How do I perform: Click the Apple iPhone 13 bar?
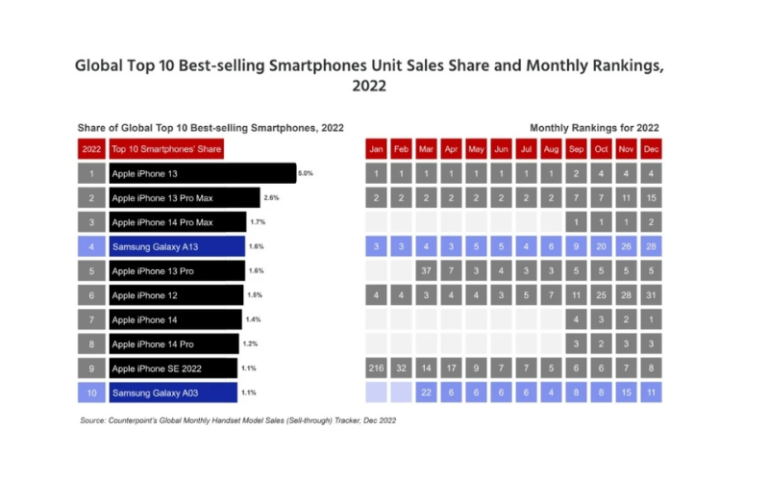click(x=202, y=174)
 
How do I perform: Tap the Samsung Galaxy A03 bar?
click(x=173, y=392)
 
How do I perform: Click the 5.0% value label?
click(x=306, y=174)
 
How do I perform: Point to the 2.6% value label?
click(x=271, y=198)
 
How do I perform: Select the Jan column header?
click(x=377, y=149)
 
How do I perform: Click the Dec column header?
click(x=651, y=149)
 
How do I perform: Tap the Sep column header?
click(x=576, y=149)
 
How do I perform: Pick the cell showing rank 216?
click(x=377, y=368)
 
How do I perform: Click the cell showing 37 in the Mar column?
click(x=427, y=271)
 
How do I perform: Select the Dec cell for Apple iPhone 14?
click(x=651, y=319)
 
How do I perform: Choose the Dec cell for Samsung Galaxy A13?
click(x=651, y=247)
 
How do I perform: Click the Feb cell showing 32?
click(x=402, y=368)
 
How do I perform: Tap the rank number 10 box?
click(x=91, y=392)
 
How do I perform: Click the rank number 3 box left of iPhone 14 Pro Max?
click(x=91, y=222)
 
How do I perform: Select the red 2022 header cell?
click(x=91, y=149)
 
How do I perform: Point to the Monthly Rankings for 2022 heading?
click(x=594, y=127)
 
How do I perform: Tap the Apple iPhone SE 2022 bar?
click(x=173, y=368)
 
